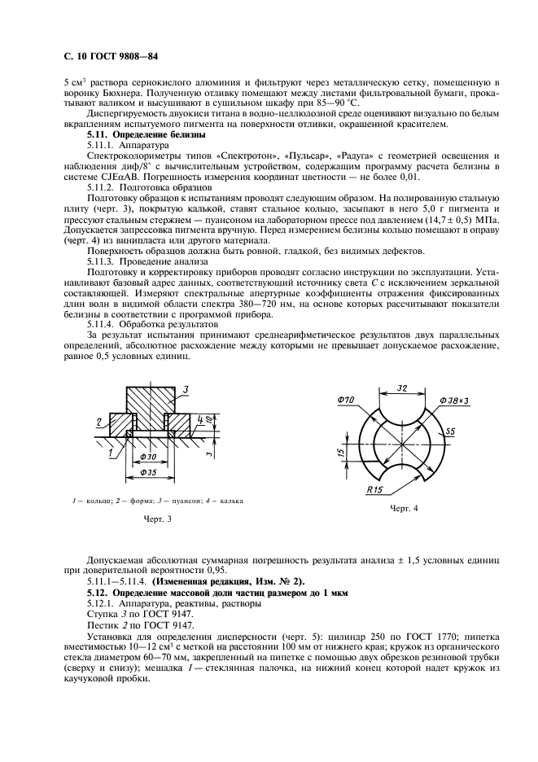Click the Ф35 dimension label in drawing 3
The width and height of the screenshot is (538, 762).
149,471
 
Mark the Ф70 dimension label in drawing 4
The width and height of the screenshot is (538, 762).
343,401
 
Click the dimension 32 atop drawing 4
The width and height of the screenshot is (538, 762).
402,388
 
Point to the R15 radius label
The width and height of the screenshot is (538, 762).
374,490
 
